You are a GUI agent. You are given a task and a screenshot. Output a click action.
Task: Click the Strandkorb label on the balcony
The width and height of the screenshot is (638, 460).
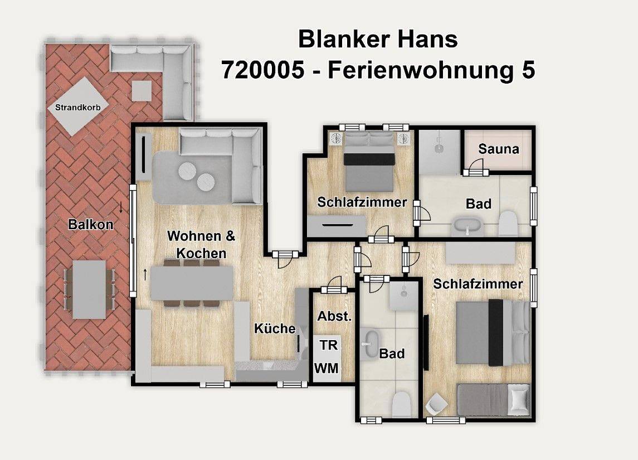77,106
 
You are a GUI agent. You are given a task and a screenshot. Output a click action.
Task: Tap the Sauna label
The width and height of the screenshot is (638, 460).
498,149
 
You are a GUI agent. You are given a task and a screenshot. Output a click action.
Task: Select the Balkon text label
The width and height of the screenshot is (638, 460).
90,225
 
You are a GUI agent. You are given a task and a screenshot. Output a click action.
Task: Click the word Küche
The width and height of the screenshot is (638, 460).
275,328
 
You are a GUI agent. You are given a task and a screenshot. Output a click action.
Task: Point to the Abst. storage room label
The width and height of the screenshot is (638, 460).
334,316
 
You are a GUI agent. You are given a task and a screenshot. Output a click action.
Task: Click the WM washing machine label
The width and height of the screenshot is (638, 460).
326,368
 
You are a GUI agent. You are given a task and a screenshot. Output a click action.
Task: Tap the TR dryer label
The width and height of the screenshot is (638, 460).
328,345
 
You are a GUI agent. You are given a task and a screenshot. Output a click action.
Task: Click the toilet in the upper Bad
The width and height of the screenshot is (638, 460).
508,224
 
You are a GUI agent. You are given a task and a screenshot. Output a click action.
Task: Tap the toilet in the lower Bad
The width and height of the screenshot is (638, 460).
401,404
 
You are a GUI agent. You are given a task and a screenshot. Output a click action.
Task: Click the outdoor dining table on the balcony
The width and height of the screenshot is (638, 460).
89,289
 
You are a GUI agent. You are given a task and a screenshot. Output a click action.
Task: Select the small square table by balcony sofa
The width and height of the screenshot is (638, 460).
141,91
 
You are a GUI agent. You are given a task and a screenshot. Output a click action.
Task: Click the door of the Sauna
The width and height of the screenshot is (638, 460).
475,168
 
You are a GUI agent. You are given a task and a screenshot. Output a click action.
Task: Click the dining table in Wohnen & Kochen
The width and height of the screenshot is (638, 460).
192,283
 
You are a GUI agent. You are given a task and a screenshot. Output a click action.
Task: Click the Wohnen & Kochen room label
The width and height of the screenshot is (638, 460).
201,244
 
